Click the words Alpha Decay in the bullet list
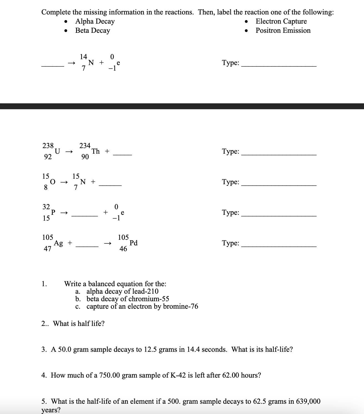click(95, 21)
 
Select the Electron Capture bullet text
click(281, 21)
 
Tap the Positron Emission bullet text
click(283, 31)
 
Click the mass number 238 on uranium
click(48, 146)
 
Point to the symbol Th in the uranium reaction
click(96, 151)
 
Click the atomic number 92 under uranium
click(48, 157)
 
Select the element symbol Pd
click(133, 243)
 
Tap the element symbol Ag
click(58, 243)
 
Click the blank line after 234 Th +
click(122, 154)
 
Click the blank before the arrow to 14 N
click(53, 66)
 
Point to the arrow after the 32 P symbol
click(64, 213)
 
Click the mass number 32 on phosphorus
click(46, 207)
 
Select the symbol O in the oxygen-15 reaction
click(53, 182)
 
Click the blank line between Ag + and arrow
click(87, 246)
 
